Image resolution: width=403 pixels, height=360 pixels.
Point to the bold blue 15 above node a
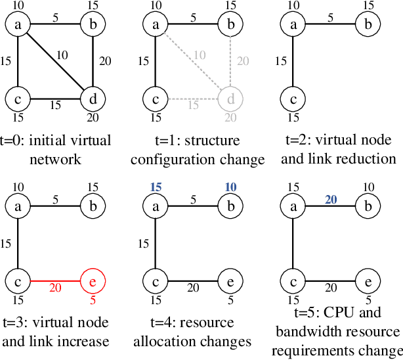(156, 187)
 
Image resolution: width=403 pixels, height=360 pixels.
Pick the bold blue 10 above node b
(230, 187)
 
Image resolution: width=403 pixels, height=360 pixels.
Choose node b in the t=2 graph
(367, 25)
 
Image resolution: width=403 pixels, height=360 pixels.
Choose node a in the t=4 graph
(156, 206)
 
